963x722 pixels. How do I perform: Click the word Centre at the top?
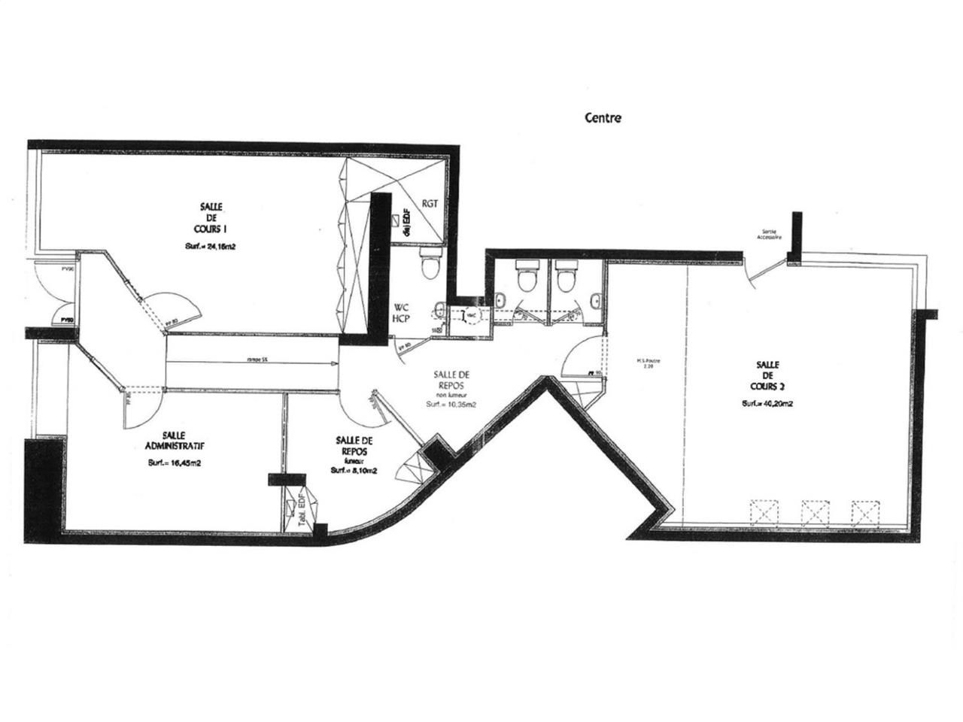[x=603, y=118]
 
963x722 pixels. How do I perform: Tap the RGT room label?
[x=430, y=203]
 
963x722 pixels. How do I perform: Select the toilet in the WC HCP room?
[x=430, y=265]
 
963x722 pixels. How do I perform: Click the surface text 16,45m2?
[x=175, y=463]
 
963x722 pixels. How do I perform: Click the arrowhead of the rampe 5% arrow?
[x=334, y=362]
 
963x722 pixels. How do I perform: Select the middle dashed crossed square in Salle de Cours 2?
[x=815, y=513]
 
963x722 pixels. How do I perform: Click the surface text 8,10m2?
[x=354, y=471]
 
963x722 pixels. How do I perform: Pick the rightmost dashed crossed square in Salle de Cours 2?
[x=864, y=513]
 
